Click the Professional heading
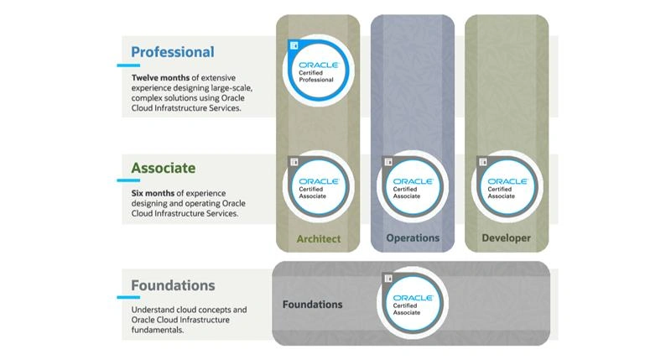point(172,52)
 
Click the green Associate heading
point(163,168)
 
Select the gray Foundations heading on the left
point(173,285)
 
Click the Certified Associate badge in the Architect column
point(318,186)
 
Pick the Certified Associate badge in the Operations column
point(413,186)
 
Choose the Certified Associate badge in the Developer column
point(507,186)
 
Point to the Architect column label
point(319,239)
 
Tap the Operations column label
point(413,238)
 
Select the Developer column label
point(507,238)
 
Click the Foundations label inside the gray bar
point(312,305)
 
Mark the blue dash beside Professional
point(122,64)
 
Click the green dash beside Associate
point(122,180)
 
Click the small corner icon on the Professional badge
point(293,44)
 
